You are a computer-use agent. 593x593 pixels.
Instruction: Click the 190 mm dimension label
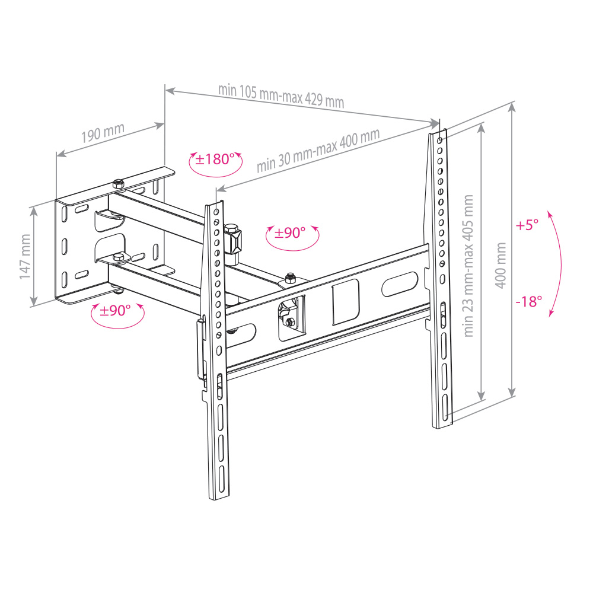[103, 133]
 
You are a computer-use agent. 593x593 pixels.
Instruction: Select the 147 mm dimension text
[25, 257]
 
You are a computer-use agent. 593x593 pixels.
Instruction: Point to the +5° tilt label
[527, 225]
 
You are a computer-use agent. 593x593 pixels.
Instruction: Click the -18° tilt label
[529, 301]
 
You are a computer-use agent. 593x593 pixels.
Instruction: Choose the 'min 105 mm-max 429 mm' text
[281, 96]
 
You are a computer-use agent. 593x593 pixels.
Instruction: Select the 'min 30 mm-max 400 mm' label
[318, 150]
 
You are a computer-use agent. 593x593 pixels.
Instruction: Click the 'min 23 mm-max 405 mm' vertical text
[468, 266]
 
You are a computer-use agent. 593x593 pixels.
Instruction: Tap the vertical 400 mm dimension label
[500, 266]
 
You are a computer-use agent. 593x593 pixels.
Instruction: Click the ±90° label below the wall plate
[115, 311]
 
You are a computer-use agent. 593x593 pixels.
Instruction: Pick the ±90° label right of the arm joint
[290, 232]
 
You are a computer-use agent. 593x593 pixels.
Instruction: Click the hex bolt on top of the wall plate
[118, 183]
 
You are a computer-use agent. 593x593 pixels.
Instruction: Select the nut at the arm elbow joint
[290, 278]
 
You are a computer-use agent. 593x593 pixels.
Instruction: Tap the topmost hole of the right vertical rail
[439, 141]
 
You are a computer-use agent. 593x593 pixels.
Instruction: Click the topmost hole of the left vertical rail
[216, 212]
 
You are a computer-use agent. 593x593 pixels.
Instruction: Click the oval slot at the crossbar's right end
[400, 284]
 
